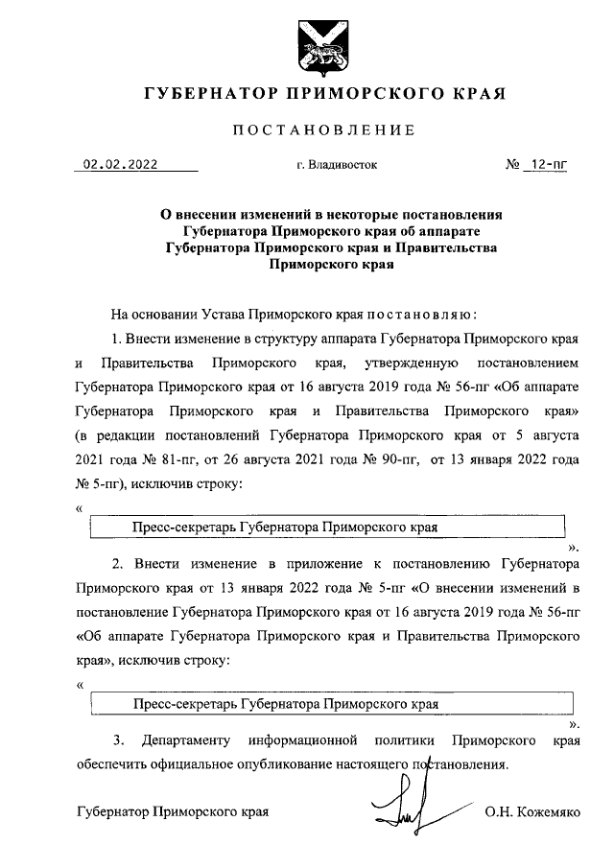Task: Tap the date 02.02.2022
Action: (x=120, y=164)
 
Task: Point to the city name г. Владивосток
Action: (x=337, y=165)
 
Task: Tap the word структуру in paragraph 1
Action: (x=293, y=340)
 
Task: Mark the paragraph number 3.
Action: (x=118, y=741)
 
